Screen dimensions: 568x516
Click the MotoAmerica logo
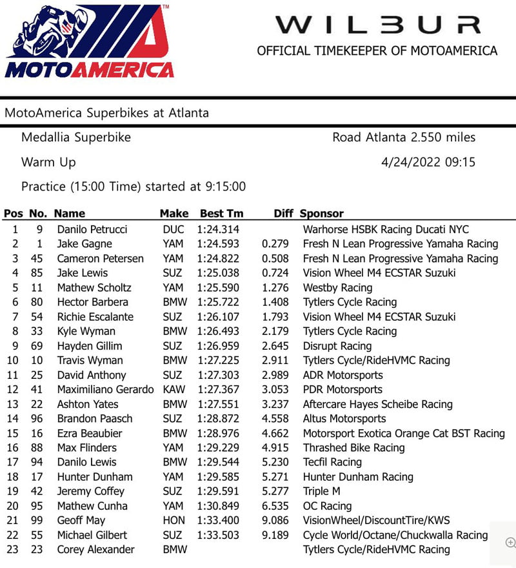(88, 43)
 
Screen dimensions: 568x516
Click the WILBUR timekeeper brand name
(377, 25)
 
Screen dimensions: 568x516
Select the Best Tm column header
(221, 214)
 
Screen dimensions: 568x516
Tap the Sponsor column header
(322, 214)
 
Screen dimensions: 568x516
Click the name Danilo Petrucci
(92, 229)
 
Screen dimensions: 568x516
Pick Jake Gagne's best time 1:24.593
(218, 244)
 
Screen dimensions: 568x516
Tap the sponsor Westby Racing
(337, 287)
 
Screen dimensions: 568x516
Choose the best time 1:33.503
(218, 535)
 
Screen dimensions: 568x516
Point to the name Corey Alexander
(95, 549)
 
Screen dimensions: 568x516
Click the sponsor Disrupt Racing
(337, 346)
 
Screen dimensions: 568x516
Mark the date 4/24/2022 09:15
(428, 162)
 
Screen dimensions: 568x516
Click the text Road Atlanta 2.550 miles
(404, 137)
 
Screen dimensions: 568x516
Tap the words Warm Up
(48, 162)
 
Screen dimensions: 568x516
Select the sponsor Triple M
(321, 491)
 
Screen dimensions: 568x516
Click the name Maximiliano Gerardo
(105, 389)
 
